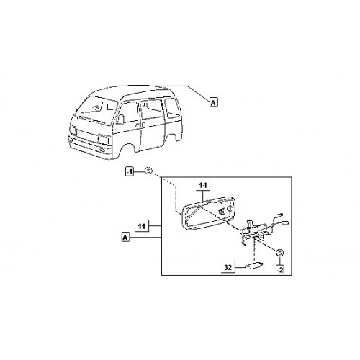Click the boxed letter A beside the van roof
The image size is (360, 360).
(x=214, y=102)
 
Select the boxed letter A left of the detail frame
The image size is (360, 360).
(x=125, y=237)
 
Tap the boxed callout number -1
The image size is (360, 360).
(x=130, y=171)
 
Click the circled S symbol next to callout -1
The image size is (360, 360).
(x=148, y=171)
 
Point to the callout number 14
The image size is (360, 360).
(x=203, y=185)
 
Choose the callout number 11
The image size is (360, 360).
(x=142, y=226)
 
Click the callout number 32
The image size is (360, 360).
(x=228, y=267)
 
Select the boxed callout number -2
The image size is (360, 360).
(x=280, y=269)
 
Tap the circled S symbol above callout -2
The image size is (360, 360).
(x=280, y=253)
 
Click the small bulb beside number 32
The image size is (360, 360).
(x=253, y=266)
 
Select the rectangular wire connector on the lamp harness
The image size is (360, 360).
(x=280, y=215)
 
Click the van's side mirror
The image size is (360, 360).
(x=120, y=119)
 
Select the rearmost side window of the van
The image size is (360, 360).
(x=172, y=107)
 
